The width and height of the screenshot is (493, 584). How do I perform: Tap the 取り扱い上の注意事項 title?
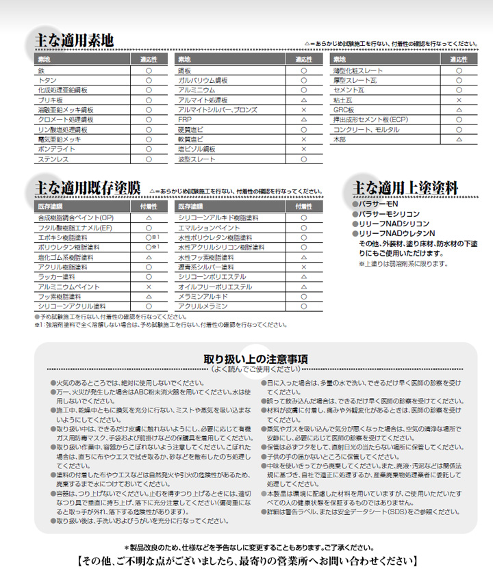(x=255, y=358)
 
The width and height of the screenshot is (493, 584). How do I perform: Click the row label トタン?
(x=48, y=80)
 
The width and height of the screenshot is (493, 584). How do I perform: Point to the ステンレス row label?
(x=53, y=159)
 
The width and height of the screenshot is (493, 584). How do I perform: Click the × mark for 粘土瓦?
(x=459, y=100)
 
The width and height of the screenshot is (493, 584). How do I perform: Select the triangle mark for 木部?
(x=459, y=139)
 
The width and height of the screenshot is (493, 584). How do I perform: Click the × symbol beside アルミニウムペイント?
(x=149, y=287)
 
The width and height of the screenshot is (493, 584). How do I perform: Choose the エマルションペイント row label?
(x=210, y=226)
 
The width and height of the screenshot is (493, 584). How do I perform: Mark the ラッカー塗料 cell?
(x=56, y=277)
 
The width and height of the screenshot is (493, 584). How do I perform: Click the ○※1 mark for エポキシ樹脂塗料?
(x=151, y=237)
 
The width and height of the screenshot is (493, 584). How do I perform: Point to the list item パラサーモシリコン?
(x=390, y=214)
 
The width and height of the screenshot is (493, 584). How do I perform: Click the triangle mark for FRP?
(x=303, y=119)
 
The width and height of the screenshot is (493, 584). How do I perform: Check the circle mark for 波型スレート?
(x=303, y=159)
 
